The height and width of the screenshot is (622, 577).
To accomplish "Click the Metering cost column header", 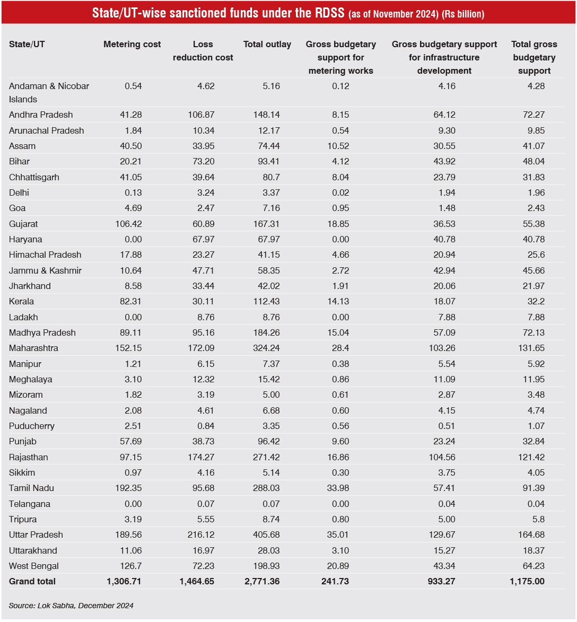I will click(x=132, y=45).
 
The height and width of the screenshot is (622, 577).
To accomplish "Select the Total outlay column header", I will click(x=267, y=45).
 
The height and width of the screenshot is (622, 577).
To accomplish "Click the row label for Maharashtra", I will click(x=33, y=348).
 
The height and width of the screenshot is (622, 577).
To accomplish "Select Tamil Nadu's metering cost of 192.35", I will click(x=128, y=488).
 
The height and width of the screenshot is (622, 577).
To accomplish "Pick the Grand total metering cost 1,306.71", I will click(x=124, y=582).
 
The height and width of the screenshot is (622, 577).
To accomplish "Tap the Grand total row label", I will click(x=32, y=582).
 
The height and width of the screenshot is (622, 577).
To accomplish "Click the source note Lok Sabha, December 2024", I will click(x=71, y=606).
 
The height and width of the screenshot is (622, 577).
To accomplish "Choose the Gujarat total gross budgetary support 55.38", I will click(x=532, y=224).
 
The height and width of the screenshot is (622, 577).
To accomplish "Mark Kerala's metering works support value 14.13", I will click(x=337, y=302).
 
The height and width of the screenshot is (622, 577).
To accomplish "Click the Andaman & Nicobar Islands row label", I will click(x=49, y=92).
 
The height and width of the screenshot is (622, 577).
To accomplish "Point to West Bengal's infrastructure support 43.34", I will click(x=443, y=566).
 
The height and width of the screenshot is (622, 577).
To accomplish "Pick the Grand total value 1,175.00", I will click(x=527, y=582).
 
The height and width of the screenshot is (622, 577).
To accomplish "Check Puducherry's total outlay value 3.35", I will click(x=268, y=426).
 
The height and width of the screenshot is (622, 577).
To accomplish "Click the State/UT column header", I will click(x=27, y=45).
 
